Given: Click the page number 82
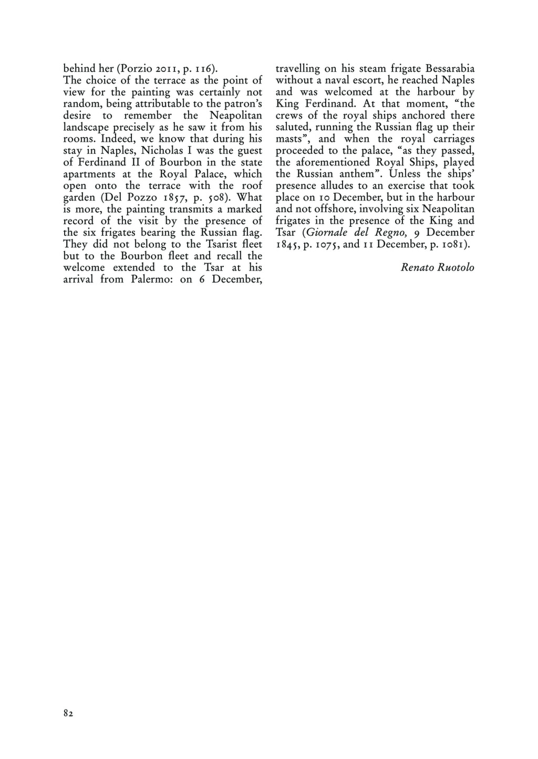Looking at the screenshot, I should point(68,713).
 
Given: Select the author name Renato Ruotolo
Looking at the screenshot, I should point(437,267).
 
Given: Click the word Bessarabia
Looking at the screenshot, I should point(449,69).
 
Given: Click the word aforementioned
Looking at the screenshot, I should point(337,162).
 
